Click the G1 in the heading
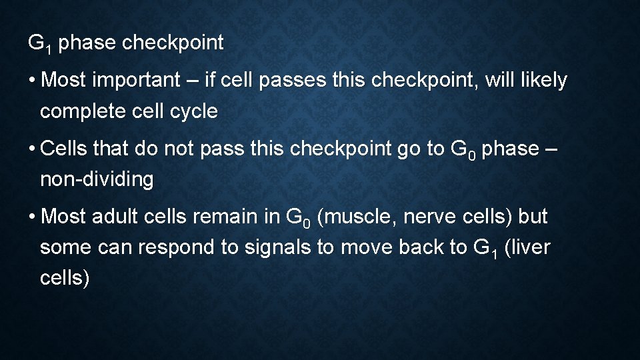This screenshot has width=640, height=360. click(x=37, y=44)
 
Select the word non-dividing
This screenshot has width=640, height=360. click(x=97, y=179)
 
